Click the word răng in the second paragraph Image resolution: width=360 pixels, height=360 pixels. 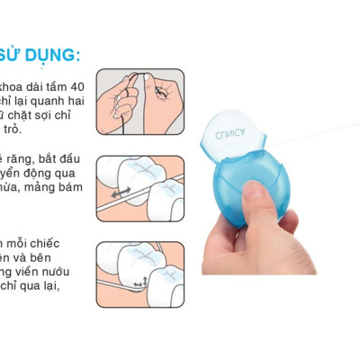(24, 159)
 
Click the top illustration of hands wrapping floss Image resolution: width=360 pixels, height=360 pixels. (139, 104)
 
